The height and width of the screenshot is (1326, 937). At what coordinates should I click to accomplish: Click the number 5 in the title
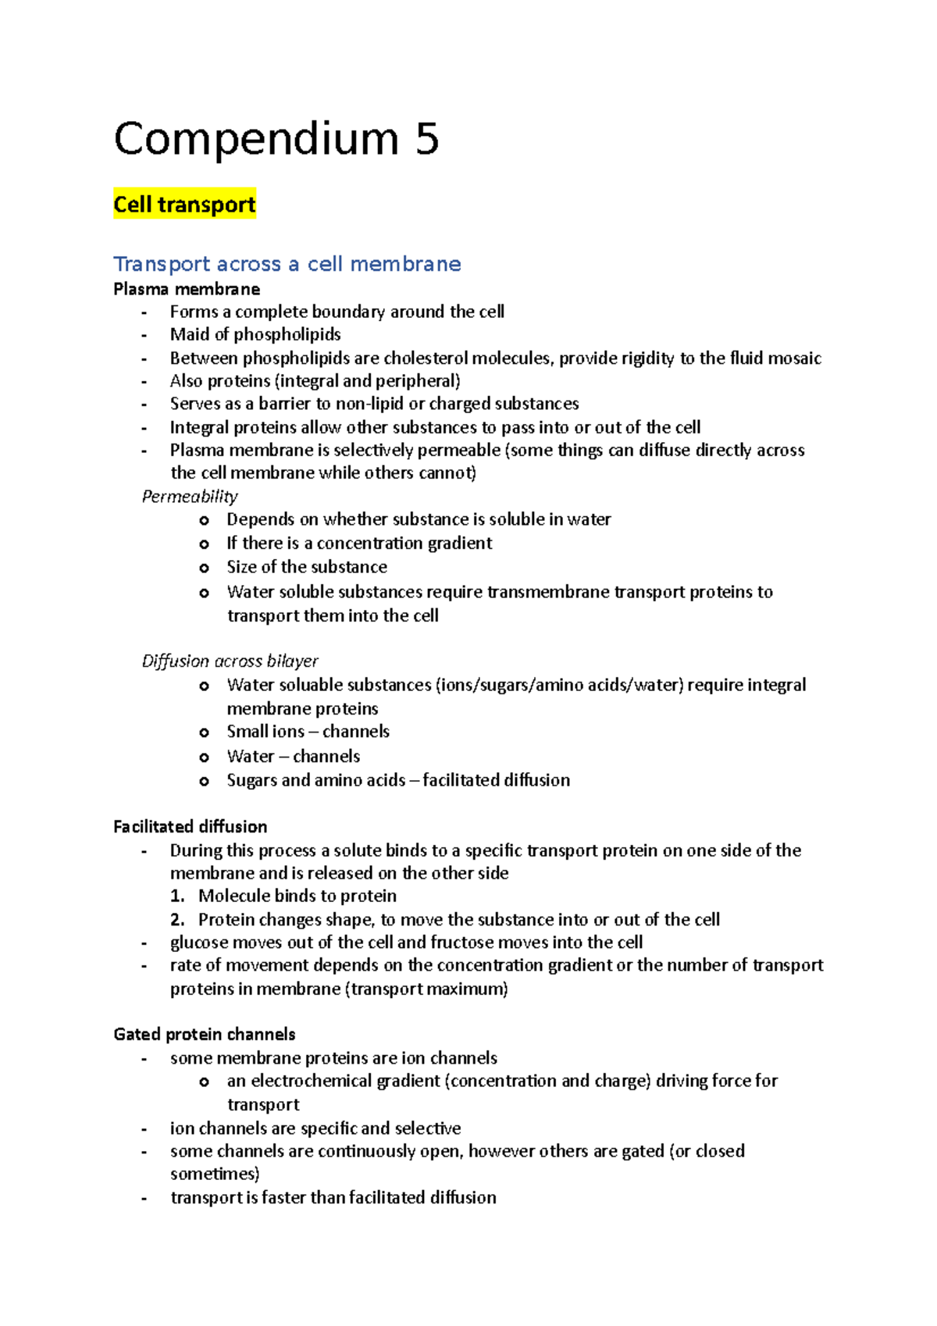coord(427,139)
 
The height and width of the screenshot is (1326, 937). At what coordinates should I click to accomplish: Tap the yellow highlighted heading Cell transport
coord(184,205)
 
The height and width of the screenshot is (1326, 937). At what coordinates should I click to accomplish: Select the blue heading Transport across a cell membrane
coord(287,264)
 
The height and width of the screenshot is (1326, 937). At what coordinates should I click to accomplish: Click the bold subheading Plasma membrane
coord(187,289)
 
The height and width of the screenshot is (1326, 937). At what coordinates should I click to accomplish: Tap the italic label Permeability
coord(190,497)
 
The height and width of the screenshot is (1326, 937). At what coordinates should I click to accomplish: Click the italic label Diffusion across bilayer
coord(230,661)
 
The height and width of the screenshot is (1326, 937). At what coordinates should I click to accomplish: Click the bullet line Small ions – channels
coord(308,732)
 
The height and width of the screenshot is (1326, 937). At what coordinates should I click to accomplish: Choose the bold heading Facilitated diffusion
coord(190,826)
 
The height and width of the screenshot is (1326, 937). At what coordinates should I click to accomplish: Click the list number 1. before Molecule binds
coord(177,896)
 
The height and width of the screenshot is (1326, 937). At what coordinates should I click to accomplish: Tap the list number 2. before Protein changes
coord(177,919)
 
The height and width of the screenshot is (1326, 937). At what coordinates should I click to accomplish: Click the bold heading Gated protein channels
coord(204,1034)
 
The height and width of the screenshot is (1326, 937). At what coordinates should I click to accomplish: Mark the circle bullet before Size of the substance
coord(204,568)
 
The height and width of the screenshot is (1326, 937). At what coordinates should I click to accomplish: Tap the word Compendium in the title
coord(256,139)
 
